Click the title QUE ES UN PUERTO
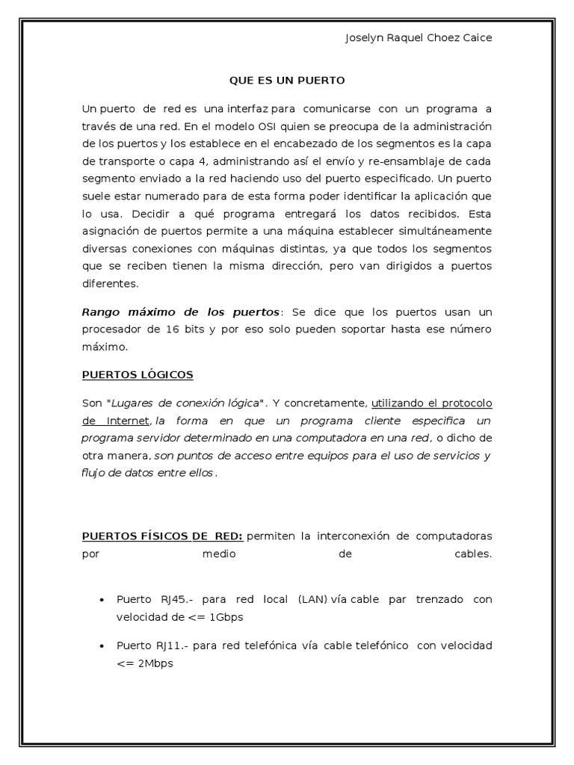pos(287,79)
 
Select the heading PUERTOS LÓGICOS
pos(138,374)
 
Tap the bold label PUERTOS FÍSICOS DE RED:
pos(162,536)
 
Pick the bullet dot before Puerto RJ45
pos(102,600)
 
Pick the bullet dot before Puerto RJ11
pos(102,645)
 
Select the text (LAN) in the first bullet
pos(312,600)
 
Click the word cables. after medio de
pos(473,554)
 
